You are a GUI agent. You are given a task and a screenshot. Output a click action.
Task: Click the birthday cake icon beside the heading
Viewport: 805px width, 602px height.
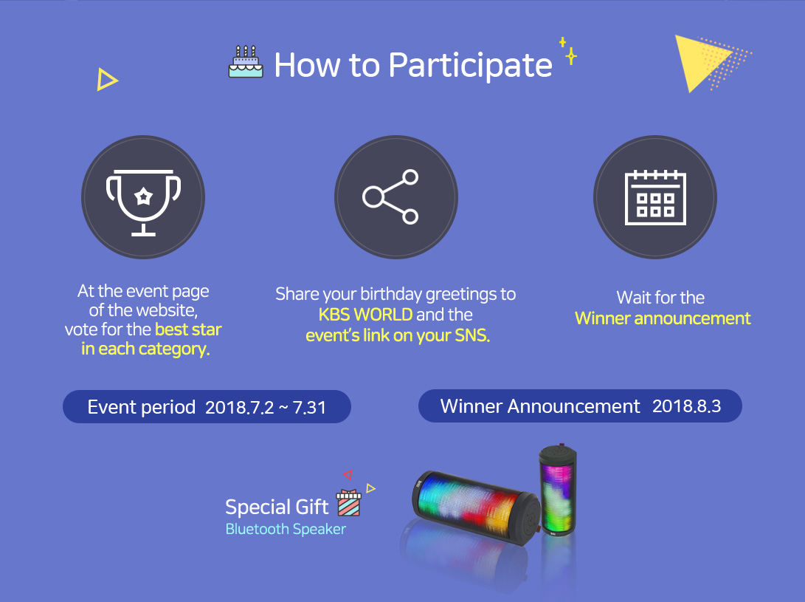click(x=246, y=62)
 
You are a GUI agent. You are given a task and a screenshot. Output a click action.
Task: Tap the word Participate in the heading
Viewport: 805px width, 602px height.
click(x=470, y=66)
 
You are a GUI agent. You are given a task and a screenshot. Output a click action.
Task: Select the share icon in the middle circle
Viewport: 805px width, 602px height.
click(x=390, y=197)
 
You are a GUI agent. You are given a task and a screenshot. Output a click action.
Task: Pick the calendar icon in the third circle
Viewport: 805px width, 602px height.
click(x=655, y=198)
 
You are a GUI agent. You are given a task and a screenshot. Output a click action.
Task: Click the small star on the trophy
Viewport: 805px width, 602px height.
click(x=144, y=196)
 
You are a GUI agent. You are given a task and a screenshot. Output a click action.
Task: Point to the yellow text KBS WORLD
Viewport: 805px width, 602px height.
click(x=365, y=315)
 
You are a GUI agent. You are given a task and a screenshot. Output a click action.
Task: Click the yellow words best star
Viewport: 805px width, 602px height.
click(x=188, y=329)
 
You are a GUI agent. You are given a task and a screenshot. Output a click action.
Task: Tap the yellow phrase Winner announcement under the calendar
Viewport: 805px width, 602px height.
click(x=663, y=318)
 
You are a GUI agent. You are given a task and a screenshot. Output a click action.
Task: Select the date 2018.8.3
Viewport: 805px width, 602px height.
click(x=686, y=406)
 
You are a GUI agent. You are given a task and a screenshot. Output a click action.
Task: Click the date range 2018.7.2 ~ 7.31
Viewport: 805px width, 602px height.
click(x=266, y=408)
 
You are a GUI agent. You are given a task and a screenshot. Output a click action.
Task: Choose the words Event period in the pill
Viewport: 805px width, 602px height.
click(x=141, y=407)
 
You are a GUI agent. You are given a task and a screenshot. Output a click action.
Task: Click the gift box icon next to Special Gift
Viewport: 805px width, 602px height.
click(x=348, y=503)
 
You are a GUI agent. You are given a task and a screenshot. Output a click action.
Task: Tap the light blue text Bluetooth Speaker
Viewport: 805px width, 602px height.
click(x=286, y=529)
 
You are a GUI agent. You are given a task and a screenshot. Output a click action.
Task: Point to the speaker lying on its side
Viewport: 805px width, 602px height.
click(x=476, y=508)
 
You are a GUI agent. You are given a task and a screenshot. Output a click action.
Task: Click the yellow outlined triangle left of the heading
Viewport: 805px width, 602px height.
click(x=107, y=80)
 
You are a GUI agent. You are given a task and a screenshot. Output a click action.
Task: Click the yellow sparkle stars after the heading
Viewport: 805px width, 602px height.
click(x=568, y=50)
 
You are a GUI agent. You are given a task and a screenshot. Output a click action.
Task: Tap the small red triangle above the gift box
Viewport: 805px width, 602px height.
click(x=348, y=474)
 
